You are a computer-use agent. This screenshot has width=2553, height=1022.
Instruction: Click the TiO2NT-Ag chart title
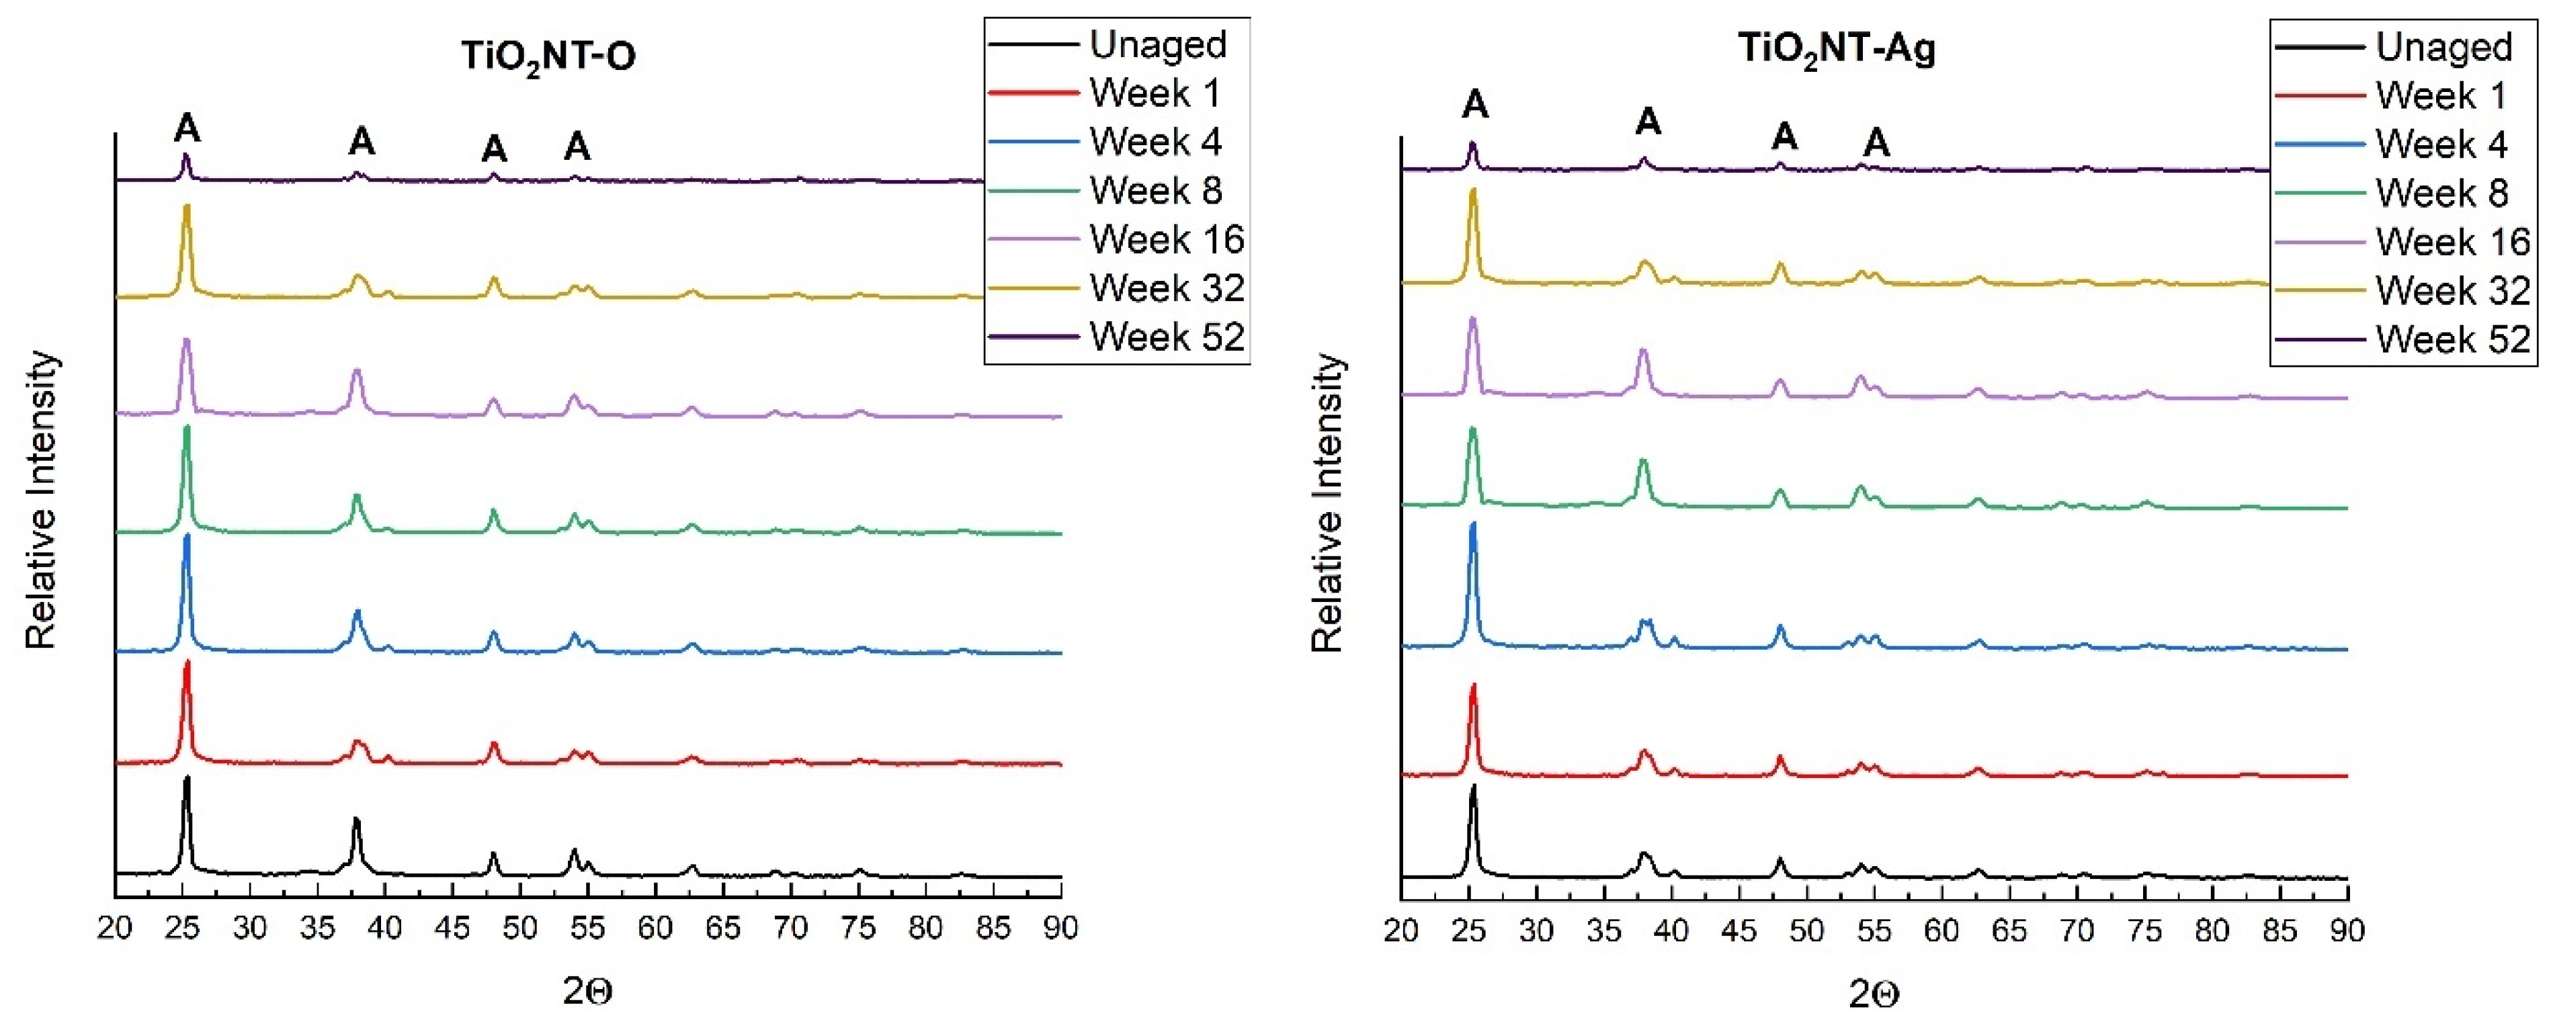point(1837,50)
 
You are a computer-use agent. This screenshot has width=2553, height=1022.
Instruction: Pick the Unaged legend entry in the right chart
point(2443,46)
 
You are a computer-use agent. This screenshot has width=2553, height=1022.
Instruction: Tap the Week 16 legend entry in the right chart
point(2452,242)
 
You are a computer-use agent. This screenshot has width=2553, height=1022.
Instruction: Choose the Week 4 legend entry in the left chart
point(1155,142)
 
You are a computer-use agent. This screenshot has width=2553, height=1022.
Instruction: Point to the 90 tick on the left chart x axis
point(1060,929)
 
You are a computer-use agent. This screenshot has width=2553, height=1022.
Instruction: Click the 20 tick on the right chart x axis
point(1400,931)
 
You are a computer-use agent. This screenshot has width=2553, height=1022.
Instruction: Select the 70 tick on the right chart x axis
point(2077,931)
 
